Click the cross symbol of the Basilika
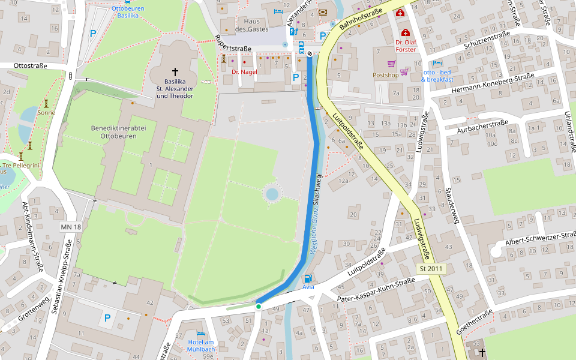tap(175, 70)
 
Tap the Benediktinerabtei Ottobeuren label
tap(114, 132)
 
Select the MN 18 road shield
tap(71, 227)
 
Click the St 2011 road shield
tap(431, 269)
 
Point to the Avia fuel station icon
tap(308, 278)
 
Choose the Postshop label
tap(385, 75)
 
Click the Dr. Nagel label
tap(244, 71)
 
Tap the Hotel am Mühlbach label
tap(200, 346)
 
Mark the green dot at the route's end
tap(259, 307)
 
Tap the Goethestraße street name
tap(475, 322)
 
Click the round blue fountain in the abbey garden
tap(271, 194)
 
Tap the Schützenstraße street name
tap(487, 41)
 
